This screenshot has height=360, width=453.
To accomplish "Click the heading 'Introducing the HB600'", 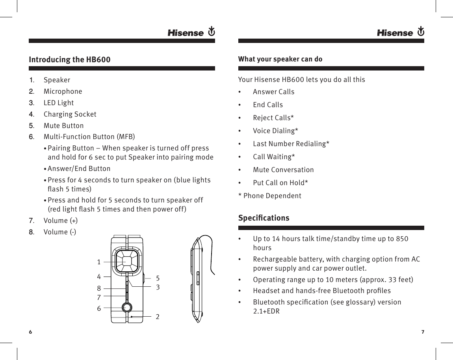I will pos(70,60).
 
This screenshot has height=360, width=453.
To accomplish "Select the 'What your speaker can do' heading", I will pos(280,59).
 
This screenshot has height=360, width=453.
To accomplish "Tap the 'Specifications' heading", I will pos(264,218).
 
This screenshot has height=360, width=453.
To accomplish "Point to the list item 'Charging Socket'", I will pos(70,114).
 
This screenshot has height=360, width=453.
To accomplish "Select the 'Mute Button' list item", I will pos(63,126).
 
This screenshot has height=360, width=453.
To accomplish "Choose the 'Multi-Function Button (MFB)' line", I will pos(89,137).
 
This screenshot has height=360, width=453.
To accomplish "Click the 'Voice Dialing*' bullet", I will pos(275,131).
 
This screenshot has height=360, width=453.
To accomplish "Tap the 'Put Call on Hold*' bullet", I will pos(280,183).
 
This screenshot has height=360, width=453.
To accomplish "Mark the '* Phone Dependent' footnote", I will pos(270,196).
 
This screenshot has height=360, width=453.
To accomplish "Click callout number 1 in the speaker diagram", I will pos(99,262).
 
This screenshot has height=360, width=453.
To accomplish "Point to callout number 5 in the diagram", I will pos(158,278).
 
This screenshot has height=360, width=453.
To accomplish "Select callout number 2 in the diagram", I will pos(158,316).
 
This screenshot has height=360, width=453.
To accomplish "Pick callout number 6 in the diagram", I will pos(99,308).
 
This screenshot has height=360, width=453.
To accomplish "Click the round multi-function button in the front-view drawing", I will pos(127,307).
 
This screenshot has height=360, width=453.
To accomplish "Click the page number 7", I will pos(422,332).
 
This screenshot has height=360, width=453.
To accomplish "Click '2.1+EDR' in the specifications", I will pos(266,312).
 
